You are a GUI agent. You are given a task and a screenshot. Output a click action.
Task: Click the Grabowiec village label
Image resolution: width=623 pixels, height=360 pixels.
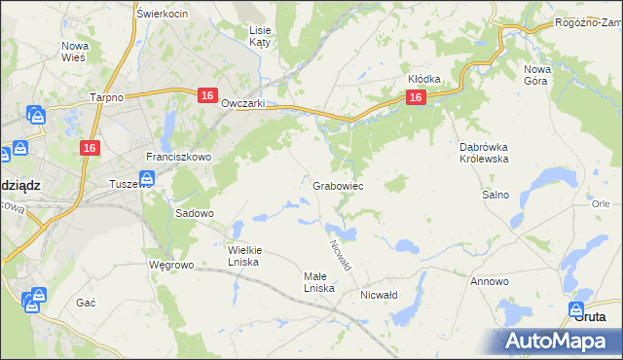click(x=339, y=185)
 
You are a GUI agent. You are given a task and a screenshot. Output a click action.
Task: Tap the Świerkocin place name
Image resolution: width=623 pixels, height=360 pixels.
click(x=163, y=14)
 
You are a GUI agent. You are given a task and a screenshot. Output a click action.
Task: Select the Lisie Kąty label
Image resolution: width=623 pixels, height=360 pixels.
click(x=260, y=37)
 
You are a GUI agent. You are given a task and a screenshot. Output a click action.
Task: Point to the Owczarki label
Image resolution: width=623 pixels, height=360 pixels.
click(x=244, y=104)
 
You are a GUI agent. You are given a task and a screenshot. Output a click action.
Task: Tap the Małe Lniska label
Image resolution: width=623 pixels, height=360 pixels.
click(x=318, y=282)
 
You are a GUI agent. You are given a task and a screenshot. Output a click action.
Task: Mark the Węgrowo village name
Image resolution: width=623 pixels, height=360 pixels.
click(x=172, y=265)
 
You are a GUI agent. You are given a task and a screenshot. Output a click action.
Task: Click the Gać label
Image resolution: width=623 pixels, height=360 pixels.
click(x=86, y=303)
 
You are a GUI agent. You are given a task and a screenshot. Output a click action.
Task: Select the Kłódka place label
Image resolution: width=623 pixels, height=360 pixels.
click(x=424, y=79)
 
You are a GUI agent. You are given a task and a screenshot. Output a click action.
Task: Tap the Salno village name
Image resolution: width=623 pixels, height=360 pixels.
click(x=495, y=195)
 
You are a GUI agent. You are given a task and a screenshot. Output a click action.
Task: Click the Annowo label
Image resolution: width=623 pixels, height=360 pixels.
click(x=490, y=281)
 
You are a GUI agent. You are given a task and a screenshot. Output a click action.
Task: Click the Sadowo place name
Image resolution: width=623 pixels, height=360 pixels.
click(x=194, y=212)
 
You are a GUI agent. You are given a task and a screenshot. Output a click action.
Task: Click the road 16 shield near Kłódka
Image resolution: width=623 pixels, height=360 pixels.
click(x=416, y=97)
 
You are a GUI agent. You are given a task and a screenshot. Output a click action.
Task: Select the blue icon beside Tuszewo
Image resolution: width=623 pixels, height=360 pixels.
click(x=146, y=178)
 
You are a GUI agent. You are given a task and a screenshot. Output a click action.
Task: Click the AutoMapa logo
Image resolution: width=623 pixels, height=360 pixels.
click(x=561, y=341)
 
